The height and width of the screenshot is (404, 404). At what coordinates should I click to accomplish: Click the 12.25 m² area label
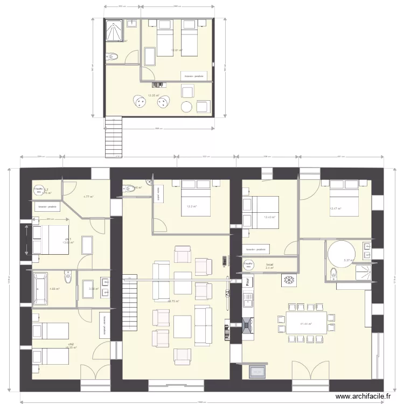(x=154, y=95)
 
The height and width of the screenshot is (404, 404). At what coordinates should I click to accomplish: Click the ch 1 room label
(x=68, y=239)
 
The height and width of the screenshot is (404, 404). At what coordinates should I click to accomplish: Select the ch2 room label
(x=71, y=344)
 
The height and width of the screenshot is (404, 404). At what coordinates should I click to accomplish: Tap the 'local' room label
(x=270, y=264)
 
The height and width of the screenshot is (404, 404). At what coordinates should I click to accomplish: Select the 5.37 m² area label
(x=347, y=261)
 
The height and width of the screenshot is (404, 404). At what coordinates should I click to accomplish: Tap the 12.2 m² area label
(x=191, y=206)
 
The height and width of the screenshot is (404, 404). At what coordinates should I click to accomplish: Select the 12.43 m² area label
(x=269, y=218)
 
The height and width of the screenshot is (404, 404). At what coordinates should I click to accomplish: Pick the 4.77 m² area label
(x=88, y=197)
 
